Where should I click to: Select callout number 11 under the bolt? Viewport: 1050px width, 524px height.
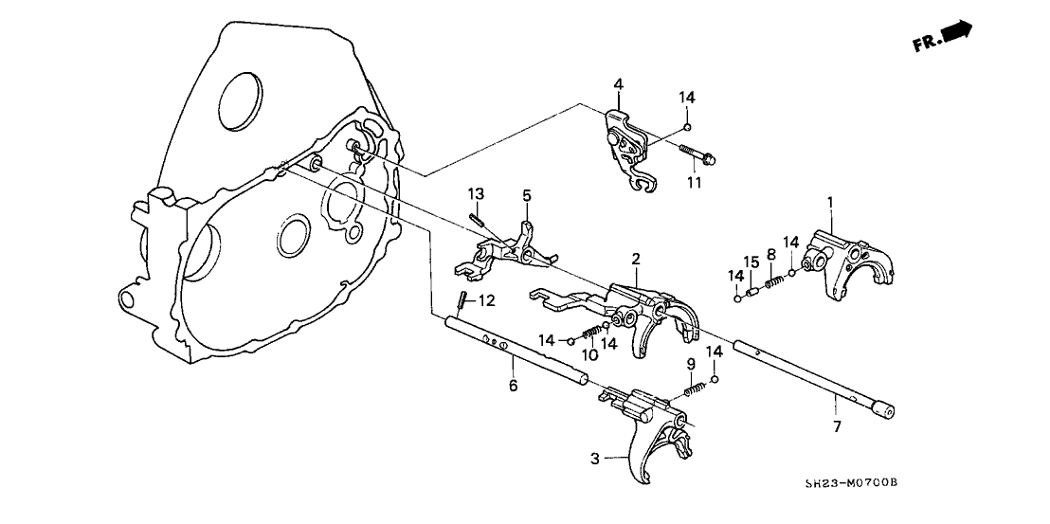[695, 182]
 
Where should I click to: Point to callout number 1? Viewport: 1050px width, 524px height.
[830, 202]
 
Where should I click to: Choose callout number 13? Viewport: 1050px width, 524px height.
[475, 193]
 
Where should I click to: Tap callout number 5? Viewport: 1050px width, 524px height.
[527, 195]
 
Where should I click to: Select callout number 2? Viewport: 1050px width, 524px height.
[636, 259]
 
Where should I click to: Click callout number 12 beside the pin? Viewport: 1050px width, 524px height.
[485, 301]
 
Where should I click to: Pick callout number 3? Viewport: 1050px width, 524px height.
[595, 460]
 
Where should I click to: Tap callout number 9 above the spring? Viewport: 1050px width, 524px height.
[691, 364]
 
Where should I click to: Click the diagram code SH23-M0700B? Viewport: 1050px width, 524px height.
[850, 483]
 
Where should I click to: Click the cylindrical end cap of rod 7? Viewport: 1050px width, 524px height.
[882, 409]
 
